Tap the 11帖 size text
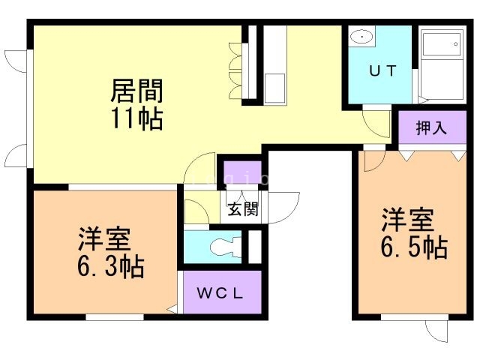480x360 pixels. click(x=137, y=118)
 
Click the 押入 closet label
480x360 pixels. click(x=431, y=127)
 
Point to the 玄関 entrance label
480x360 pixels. click(x=244, y=208)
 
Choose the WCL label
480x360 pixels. click(x=220, y=293)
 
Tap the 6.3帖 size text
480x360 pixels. click(x=111, y=265)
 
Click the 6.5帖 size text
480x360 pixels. click(x=414, y=247)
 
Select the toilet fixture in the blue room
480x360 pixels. click(x=225, y=246)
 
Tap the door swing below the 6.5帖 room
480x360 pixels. click(x=436, y=331)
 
